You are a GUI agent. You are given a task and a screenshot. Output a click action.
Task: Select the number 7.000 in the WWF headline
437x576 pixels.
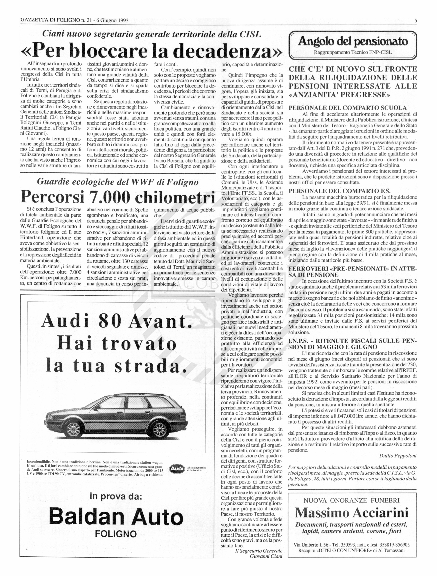click(109, 198)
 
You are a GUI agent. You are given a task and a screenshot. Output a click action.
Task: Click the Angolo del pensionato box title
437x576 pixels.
click(353, 42)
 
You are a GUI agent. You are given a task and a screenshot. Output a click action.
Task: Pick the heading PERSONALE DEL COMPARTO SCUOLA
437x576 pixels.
click(347, 108)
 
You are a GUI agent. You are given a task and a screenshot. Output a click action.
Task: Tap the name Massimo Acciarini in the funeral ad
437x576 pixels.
click(352, 513)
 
